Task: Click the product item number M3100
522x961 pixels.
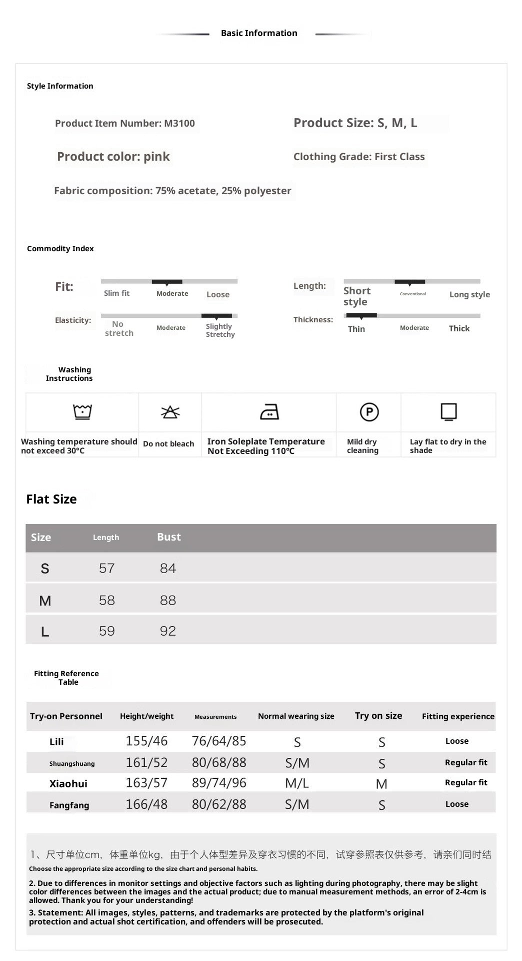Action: coord(179,124)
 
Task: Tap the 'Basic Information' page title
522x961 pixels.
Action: coord(259,33)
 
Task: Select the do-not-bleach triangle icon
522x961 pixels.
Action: coord(170,412)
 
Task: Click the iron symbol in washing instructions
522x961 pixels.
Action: coord(269,412)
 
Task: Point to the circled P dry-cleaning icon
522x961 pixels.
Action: coord(369,412)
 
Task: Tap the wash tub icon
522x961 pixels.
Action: coord(82,412)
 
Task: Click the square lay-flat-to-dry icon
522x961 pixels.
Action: coord(448,412)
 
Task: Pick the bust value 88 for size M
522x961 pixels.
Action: coord(168,600)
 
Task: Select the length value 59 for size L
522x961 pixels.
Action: coord(106,631)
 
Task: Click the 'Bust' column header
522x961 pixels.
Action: coord(169,537)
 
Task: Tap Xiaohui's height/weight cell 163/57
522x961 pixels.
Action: coord(146,783)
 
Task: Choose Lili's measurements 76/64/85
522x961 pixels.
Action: coord(219,741)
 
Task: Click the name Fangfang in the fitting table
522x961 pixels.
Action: coord(69,805)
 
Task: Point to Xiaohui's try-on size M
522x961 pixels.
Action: coord(381,784)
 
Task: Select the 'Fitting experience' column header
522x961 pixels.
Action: coord(458,716)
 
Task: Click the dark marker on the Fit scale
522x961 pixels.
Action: coord(167,282)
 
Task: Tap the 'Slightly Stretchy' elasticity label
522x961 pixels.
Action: coord(220,330)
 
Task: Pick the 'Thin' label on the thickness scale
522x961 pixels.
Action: coord(356,329)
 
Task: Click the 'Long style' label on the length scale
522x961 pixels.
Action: coord(469,294)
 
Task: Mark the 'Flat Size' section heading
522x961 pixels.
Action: coord(51,499)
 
